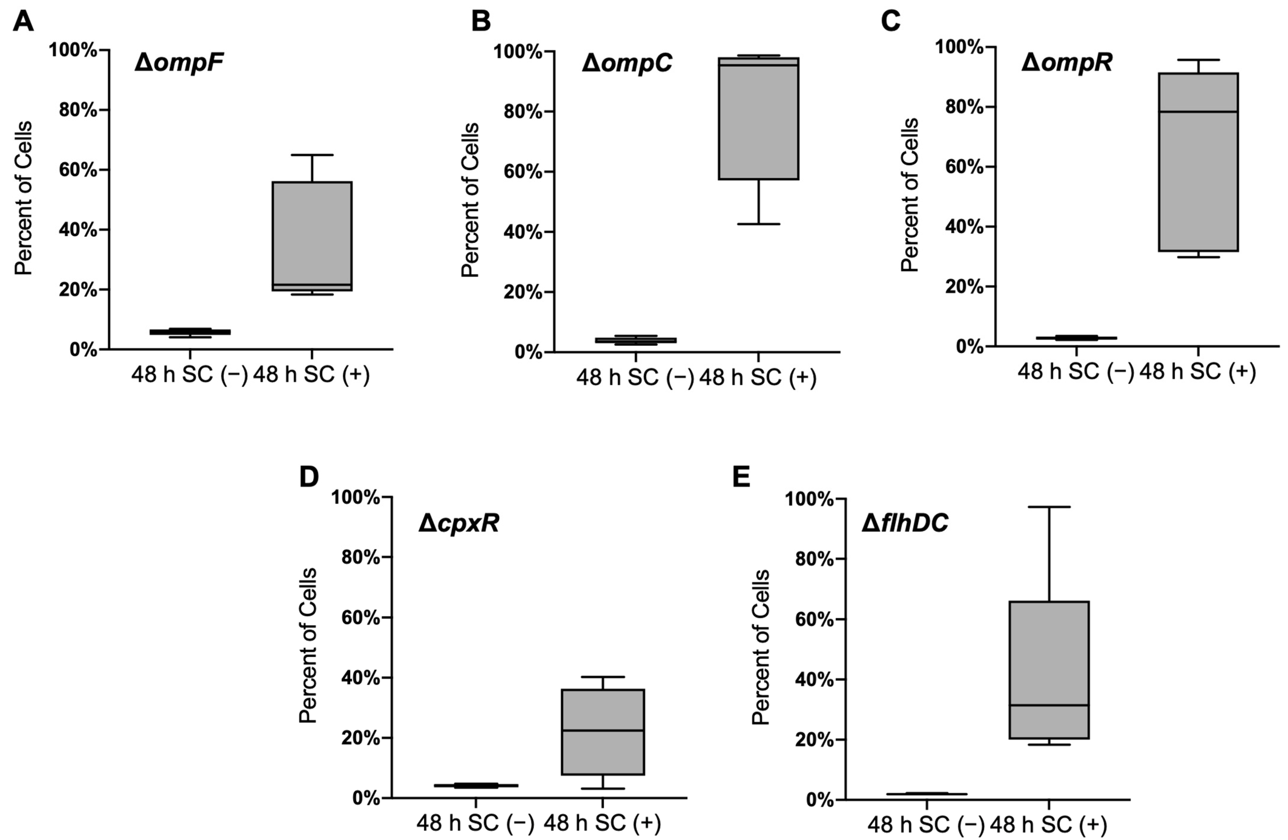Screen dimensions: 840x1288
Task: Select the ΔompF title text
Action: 179,64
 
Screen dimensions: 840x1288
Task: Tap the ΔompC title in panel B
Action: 627,64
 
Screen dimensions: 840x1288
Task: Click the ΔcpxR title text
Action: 458,524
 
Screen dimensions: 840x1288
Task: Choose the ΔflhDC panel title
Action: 905,524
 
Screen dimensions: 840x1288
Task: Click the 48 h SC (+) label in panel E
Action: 1049,825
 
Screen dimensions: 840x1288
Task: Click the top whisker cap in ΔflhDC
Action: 1049,507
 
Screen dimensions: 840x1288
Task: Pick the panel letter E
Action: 741,477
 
